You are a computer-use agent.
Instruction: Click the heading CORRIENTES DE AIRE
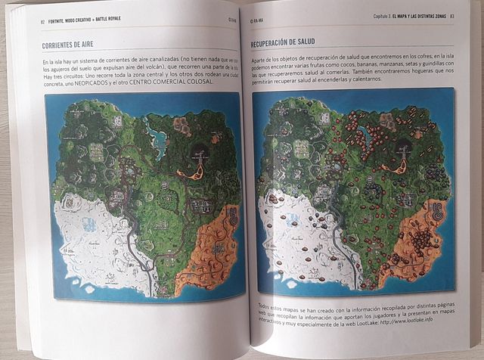73,46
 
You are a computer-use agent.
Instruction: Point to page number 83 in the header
451,16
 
